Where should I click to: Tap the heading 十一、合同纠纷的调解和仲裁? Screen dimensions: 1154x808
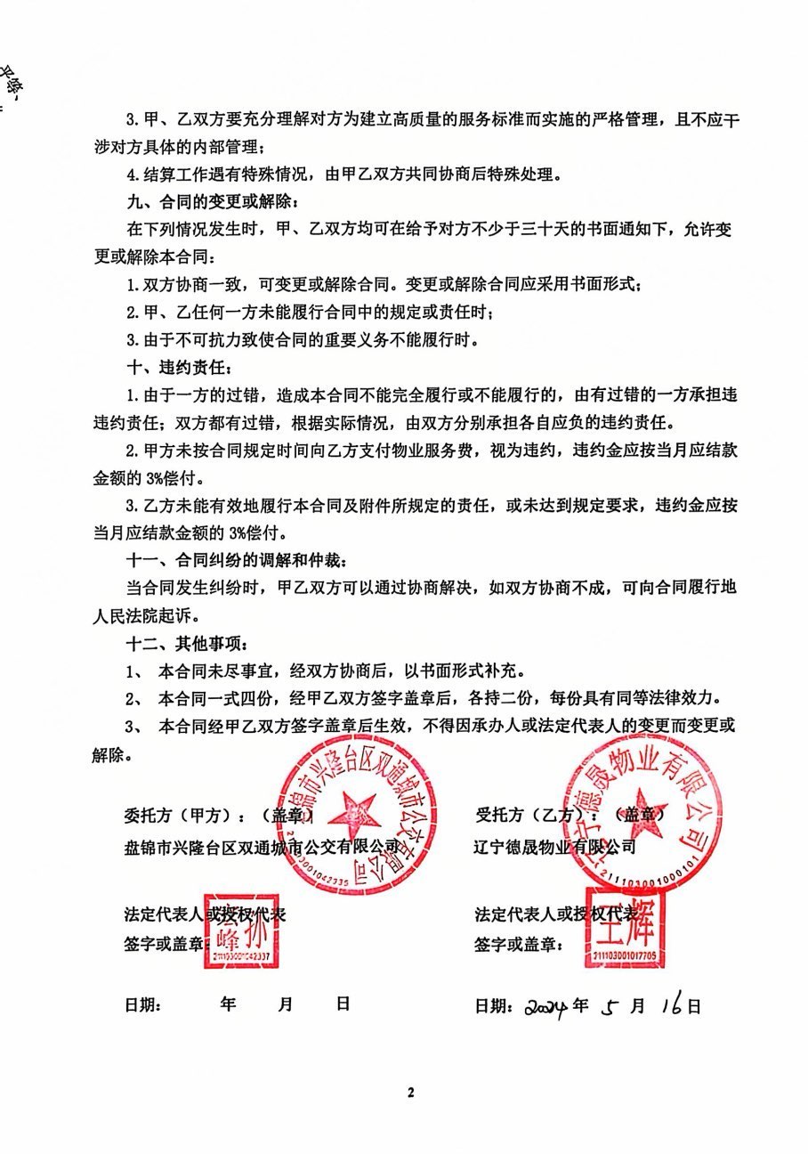coord(238,561)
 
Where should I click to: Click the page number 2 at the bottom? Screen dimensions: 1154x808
coord(411,1093)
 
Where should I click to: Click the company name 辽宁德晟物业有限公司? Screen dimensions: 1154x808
coord(555,847)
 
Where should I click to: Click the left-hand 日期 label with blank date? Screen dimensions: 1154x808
coord(142,1005)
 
